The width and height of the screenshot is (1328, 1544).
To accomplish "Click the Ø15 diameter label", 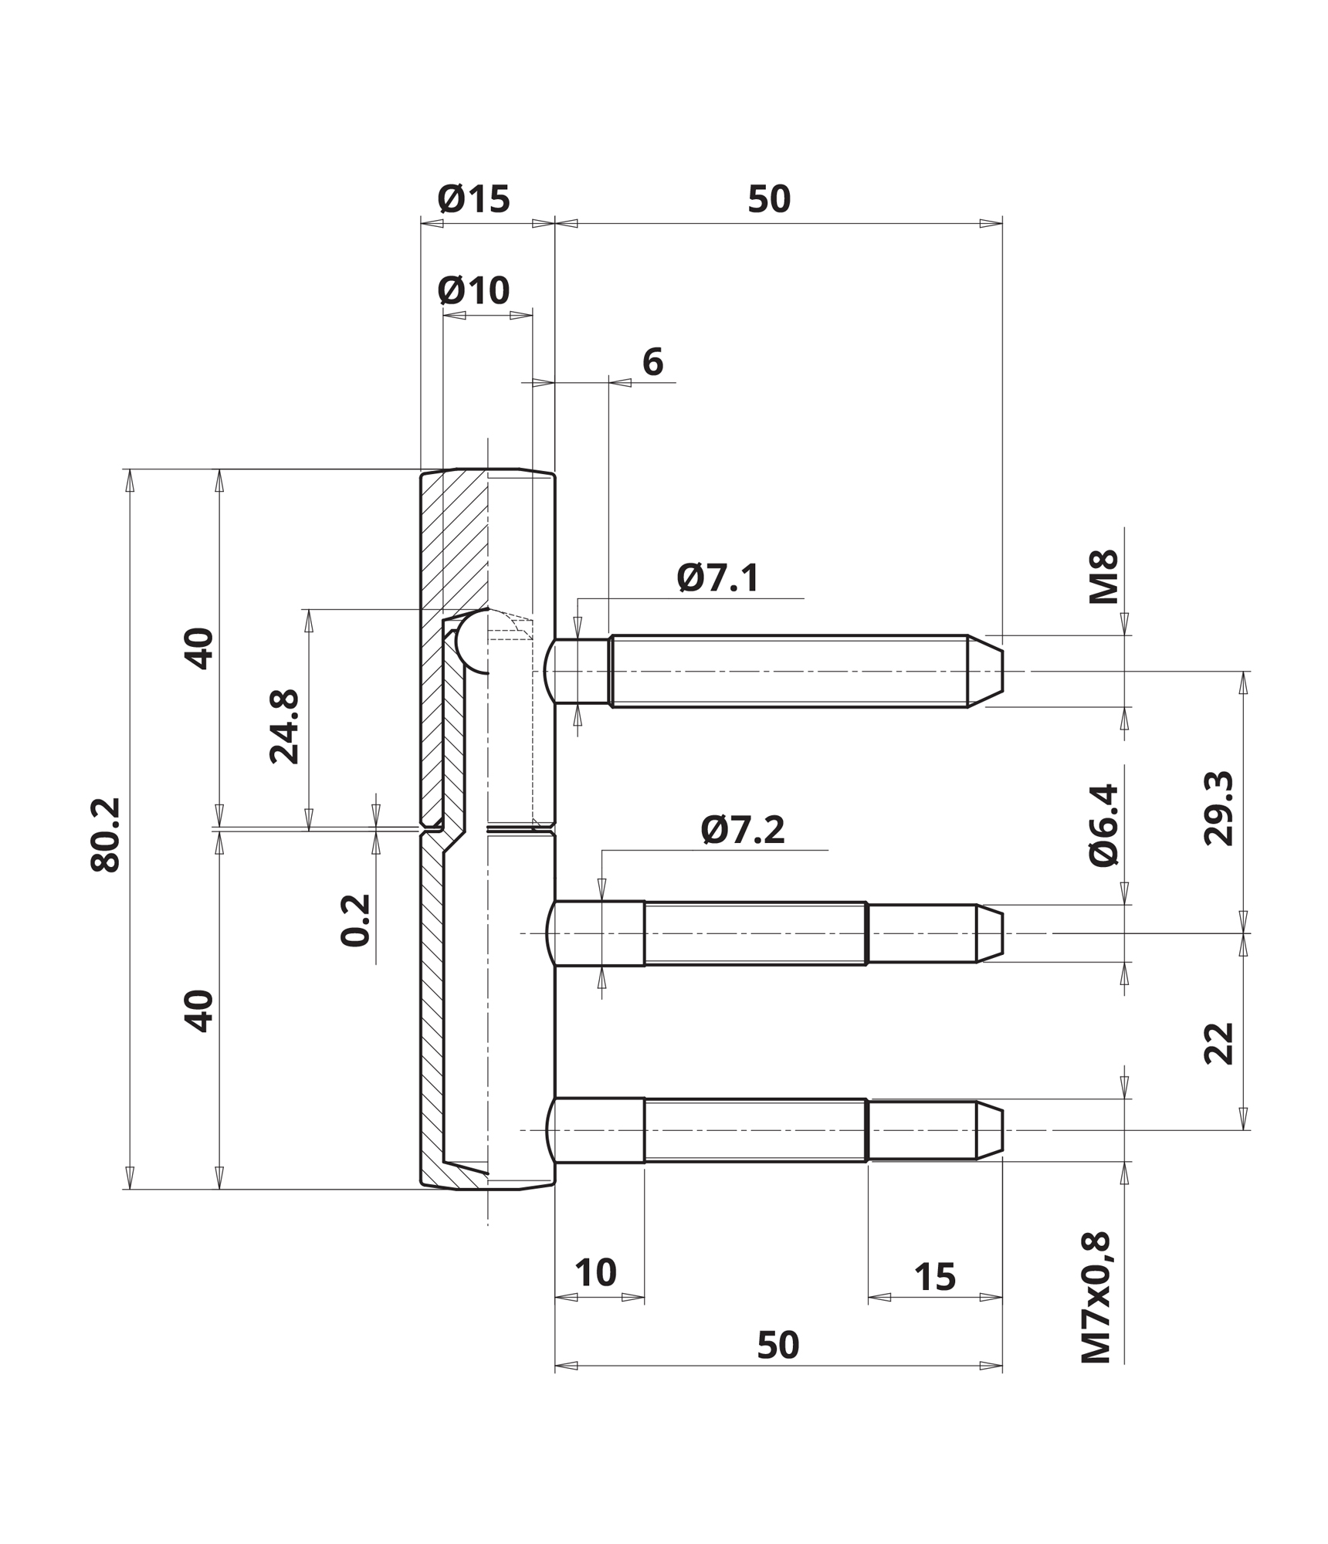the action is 473,199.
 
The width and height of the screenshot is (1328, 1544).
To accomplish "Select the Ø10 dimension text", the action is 473,291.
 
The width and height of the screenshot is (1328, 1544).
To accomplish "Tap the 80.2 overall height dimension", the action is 106,835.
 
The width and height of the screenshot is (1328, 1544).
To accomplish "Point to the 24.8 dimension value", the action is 284,726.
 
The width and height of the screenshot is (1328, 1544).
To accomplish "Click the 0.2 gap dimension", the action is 356,919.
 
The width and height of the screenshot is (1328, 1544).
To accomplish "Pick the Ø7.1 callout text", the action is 718,577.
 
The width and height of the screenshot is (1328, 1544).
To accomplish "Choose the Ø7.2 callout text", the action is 743,830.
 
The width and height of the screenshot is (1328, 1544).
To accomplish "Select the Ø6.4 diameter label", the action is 1103,825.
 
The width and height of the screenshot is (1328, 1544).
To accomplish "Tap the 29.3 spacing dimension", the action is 1219,808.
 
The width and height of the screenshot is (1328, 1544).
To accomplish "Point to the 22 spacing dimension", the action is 1219,1044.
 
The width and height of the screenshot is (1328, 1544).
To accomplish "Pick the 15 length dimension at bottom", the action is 935,1278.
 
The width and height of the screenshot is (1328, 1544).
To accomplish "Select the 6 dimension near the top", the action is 652,361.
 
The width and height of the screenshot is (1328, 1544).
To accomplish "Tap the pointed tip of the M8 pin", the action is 1002,671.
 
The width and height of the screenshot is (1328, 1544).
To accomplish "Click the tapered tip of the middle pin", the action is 1002,933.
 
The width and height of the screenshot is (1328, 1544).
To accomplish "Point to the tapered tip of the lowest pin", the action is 1002,1130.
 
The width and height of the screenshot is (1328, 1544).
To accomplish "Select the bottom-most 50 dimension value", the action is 777,1345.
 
